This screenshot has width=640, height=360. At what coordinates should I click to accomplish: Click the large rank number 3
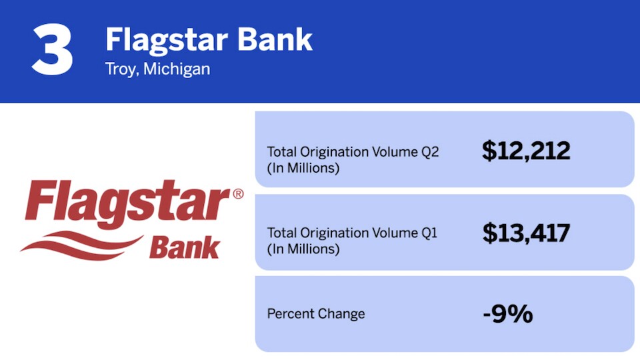[52, 49]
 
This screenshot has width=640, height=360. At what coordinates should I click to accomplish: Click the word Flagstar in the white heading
[167, 41]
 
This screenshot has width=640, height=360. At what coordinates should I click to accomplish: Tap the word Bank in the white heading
[275, 39]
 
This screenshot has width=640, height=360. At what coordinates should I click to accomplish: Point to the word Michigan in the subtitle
[177, 69]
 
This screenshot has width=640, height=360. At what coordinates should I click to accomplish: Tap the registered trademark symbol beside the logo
[239, 193]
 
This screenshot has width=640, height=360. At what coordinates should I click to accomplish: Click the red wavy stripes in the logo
[81, 245]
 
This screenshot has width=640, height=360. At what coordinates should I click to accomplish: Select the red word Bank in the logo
[185, 247]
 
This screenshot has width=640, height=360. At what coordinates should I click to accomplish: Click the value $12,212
[526, 151]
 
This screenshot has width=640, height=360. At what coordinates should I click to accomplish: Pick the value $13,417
[526, 233]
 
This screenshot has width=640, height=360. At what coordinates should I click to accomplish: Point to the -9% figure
[508, 314]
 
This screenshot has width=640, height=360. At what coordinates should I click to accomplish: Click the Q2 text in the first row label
[430, 152]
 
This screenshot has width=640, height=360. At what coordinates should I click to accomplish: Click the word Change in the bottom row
[341, 314]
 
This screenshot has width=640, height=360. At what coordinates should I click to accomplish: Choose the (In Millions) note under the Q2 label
[303, 168]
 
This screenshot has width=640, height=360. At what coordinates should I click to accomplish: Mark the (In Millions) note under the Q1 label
[303, 249]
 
